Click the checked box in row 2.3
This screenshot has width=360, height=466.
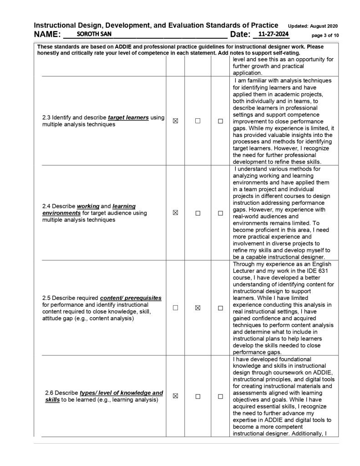(175, 121)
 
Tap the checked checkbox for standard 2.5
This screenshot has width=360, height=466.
(198, 308)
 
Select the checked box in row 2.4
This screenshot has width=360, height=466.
(175, 213)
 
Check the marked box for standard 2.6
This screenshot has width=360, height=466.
(175, 396)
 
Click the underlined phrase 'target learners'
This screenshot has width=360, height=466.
(128, 118)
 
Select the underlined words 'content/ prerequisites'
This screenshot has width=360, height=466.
(131, 298)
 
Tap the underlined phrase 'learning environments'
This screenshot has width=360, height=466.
(89, 210)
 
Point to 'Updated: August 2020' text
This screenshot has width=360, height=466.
(313, 25)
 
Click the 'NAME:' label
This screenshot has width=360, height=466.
(47, 35)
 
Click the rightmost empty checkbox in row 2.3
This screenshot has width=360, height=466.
(221, 121)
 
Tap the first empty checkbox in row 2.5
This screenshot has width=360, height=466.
(175, 308)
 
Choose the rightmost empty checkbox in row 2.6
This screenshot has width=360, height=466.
(221, 396)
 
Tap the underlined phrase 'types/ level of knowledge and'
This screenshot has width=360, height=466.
(121, 393)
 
